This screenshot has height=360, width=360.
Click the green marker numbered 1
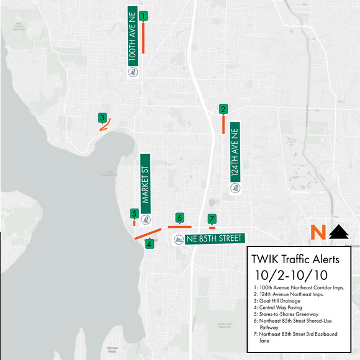click(x=143, y=16)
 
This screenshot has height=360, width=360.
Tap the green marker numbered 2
click(x=223, y=109)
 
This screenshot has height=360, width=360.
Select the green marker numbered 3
click(x=102, y=117)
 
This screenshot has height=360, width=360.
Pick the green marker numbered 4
click(x=149, y=243)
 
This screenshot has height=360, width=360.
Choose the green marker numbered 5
click(x=134, y=214)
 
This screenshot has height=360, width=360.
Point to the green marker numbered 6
click(x=179, y=218)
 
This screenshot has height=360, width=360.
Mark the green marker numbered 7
click(x=212, y=218)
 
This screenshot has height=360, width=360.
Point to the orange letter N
click(x=318, y=233)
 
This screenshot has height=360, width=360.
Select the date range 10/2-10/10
click(x=291, y=274)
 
